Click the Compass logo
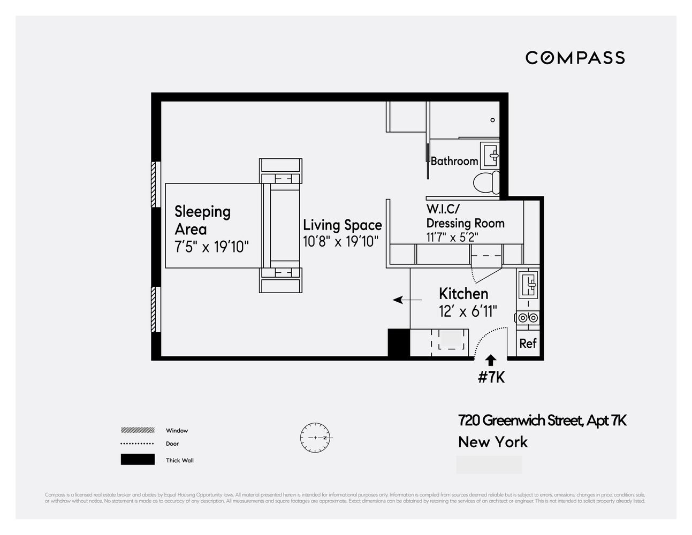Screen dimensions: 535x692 (x=575, y=58)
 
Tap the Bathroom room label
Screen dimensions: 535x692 (x=454, y=161)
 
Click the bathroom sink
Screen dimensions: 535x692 (x=491, y=155)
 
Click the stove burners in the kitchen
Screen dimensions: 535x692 (x=527, y=318)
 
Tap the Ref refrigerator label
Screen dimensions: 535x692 (x=528, y=343)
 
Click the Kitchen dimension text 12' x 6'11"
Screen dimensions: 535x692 (x=468, y=311)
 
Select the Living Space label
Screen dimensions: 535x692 (x=343, y=225)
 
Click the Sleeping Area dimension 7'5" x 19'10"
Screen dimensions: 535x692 (x=212, y=247)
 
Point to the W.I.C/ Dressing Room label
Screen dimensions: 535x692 (x=465, y=216)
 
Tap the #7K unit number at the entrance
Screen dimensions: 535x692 (x=491, y=377)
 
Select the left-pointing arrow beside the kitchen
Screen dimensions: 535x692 (x=407, y=300)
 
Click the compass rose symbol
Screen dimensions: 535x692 (x=316, y=438)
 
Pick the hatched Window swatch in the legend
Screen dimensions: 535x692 (x=138, y=430)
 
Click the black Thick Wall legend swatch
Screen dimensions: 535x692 (x=138, y=460)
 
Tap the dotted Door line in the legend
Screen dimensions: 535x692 (x=138, y=444)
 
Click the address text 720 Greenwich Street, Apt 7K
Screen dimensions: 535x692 (x=542, y=421)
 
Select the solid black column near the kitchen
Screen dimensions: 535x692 (x=398, y=343)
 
